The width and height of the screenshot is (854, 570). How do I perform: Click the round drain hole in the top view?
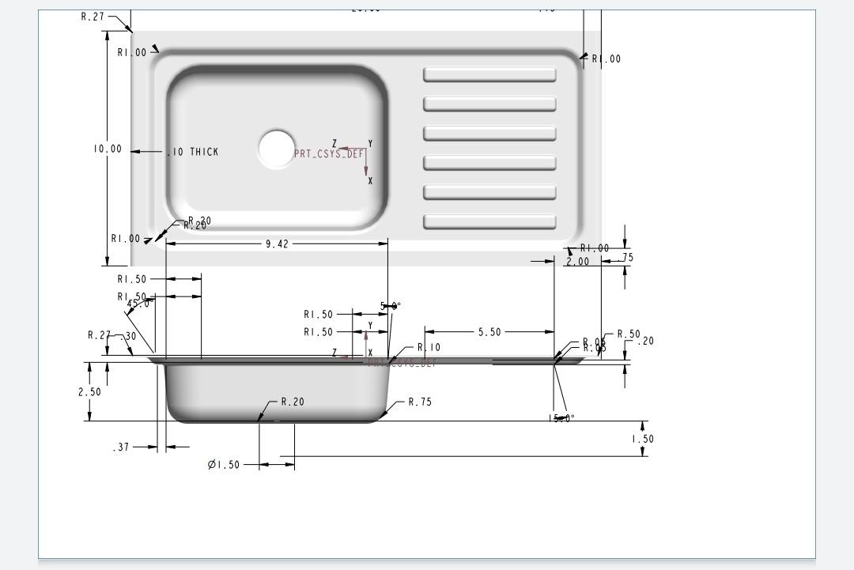coord(276,149)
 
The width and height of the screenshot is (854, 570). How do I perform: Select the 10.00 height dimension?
coord(108,149)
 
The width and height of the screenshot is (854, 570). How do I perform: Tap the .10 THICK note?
coord(193,152)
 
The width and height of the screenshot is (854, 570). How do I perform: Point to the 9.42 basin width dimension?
coord(276,244)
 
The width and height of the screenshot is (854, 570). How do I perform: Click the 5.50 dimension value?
coord(489,332)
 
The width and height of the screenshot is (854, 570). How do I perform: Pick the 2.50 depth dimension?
coord(89,392)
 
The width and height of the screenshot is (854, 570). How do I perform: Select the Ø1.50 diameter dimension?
coord(224,465)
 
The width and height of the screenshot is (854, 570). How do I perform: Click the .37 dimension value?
coord(121,447)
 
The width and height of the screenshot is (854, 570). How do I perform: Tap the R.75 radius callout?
coord(420,402)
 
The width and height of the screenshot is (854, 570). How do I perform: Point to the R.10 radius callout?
coord(429,348)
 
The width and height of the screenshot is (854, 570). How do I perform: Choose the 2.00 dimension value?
coord(578,262)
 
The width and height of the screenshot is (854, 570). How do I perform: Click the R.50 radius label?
coord(629,334)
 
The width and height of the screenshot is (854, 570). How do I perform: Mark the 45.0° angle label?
coord(141,304)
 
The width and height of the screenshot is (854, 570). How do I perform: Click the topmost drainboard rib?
coord(489,75)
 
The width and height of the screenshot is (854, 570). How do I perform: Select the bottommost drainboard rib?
coord(489,222)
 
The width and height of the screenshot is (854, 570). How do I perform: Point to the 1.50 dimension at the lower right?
coord(642,440)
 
